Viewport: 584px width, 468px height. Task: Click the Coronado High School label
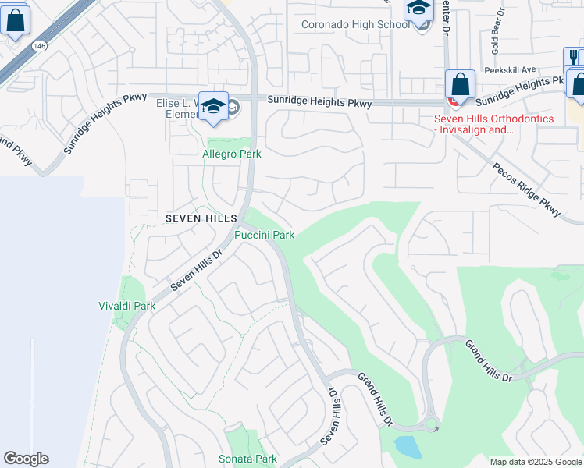pyautogui.click(x=355, y=24)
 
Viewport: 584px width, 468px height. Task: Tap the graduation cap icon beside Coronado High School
pyautogui.click(x=419, y=9)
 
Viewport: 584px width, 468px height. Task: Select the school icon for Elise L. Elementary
pyautogui.click(x=212, y=108)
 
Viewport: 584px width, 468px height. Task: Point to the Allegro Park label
pyautogui.click(x=232, y=154)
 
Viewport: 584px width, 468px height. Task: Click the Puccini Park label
pyautogui.click(x=265, y=235)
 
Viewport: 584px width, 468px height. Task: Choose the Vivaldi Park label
pyautogui.click(x=126, y=306)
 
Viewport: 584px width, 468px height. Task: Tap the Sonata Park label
pyautogui.click(x=247, y=459)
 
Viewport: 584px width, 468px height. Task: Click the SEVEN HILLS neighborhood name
pyautogui.click(x=195, y=218)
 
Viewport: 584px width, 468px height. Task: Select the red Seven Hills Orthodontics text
pyautogui.click(x=493, y=124)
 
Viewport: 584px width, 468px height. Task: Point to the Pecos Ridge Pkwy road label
pyautogui.click(x=527, y=190)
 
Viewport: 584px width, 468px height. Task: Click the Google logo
pyautogui.click(x=26, y=459)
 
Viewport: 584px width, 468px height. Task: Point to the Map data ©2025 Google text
pyautogui.click(x=535, y=462)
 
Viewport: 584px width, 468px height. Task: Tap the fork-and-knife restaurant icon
pyautogui.click(x=573, y=58)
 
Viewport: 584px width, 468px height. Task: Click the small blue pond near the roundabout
pyautogui.click(x=405, y=446)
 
